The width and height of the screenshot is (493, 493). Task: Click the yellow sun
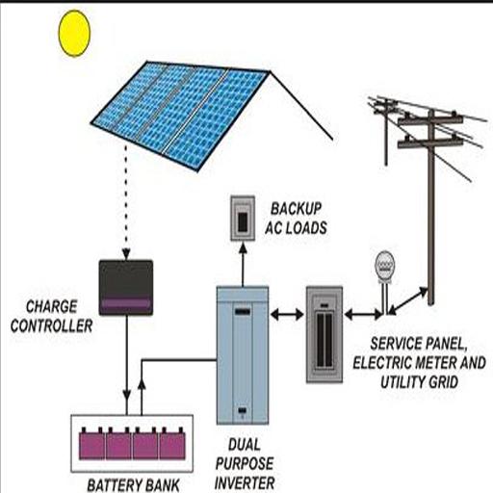click(74, 34)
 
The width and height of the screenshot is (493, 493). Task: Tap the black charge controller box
click(126, 288)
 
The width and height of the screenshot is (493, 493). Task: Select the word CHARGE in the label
click(51, 306)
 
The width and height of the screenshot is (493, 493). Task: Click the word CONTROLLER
click(51, 325)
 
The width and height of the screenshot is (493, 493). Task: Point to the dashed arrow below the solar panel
click(126, 202)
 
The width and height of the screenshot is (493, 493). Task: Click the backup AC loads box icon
click(243, 219)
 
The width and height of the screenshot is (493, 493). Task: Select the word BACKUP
click(296, 209)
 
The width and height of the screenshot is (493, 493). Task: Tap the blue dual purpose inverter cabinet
click(243, 355)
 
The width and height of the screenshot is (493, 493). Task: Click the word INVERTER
click(245, 482)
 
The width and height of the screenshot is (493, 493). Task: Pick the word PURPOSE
click(245, 463)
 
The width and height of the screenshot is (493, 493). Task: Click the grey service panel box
click(324, 335)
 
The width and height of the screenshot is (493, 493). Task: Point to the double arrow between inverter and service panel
click(287, 315)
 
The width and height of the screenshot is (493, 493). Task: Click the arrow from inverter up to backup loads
click(243, 264)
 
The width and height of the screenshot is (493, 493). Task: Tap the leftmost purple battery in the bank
click(92, 444)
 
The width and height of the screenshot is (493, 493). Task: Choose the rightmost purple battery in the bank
click(172, 444)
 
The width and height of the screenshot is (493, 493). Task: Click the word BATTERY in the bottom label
click(111, 485)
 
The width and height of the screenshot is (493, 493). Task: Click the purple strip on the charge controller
click(126, 303)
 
